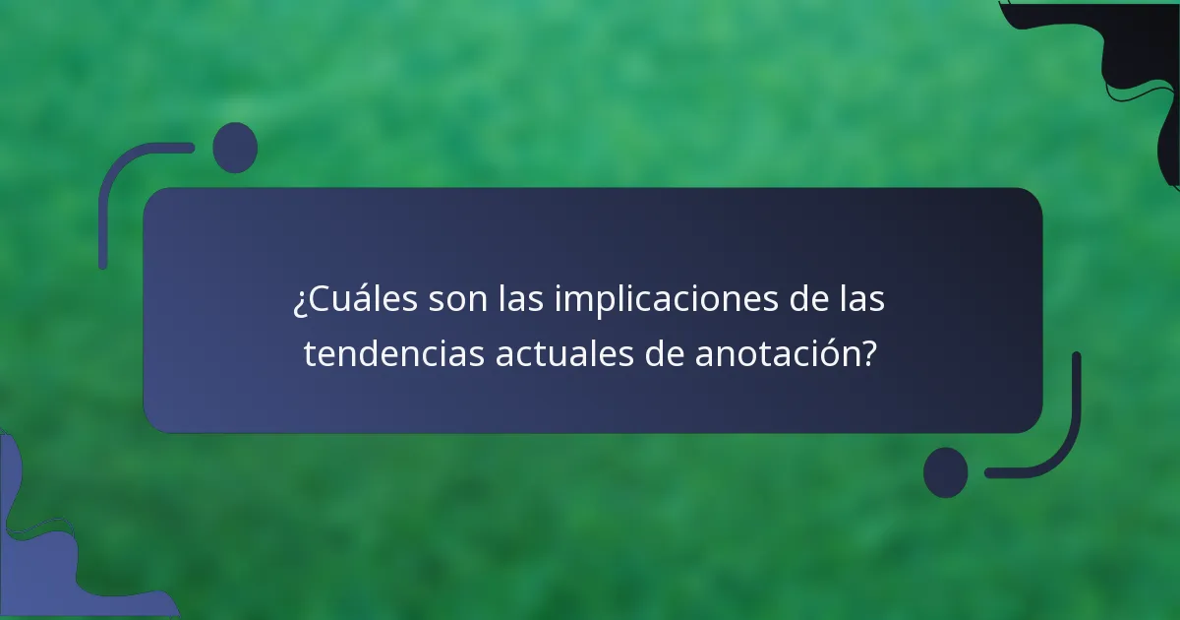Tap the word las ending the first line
click(862, 299)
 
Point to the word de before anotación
click(665, 355)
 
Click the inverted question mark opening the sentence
click(299, 303)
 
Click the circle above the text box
click(235, 148)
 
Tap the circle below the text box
click(945, 472)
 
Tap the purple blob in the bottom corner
click(49, 561)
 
